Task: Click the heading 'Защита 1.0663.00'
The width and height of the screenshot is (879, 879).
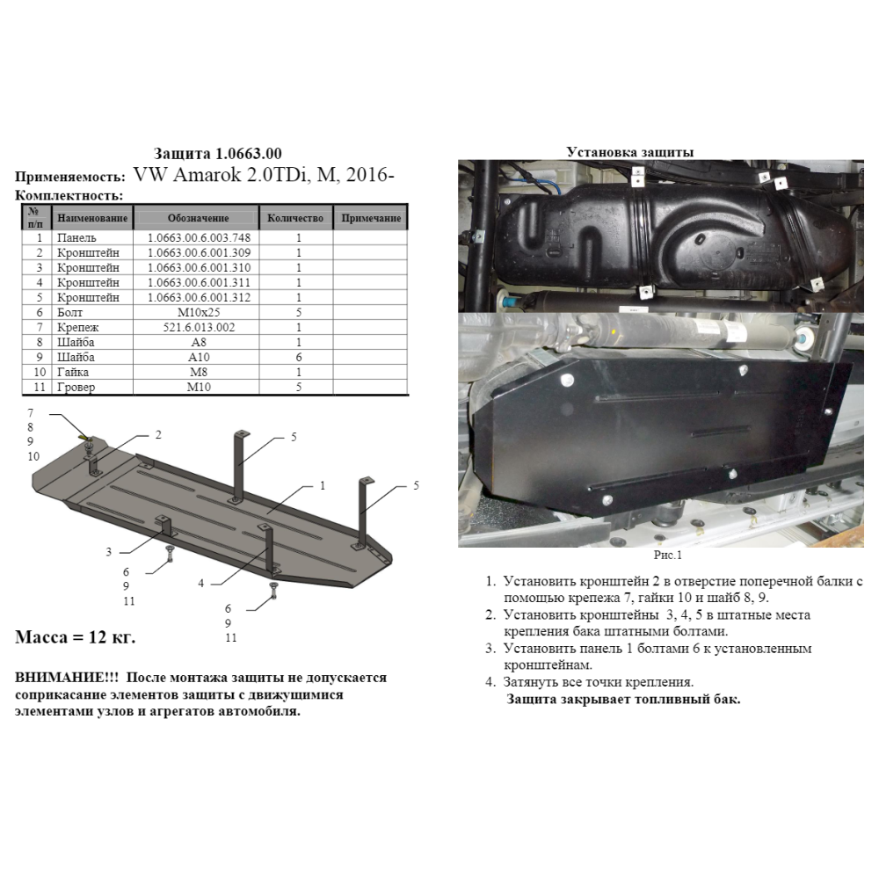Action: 217,154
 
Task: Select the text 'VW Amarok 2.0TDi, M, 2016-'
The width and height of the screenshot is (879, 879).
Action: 264,175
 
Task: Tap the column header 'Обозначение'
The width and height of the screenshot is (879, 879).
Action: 198,218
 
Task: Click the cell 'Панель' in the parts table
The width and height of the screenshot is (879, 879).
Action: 76,237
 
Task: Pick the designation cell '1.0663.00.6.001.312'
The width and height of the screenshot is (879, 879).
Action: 199,297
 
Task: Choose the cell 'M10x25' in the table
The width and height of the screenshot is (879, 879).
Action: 199,312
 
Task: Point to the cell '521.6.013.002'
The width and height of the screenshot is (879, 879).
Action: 199,327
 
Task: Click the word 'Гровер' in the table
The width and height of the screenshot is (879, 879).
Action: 76,387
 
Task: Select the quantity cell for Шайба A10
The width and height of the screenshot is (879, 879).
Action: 299,357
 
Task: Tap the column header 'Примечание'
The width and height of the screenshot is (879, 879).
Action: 371,218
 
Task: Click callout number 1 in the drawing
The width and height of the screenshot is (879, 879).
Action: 323,485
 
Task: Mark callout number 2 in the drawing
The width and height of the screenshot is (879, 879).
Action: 158,435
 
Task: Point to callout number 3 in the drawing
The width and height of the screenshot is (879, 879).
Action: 109,552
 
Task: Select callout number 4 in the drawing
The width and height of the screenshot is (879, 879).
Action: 200,584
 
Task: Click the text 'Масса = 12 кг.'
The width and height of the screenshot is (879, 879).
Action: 75,637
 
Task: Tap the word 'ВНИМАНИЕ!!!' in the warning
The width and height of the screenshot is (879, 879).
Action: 67,677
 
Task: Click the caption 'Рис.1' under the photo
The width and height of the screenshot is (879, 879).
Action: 668,555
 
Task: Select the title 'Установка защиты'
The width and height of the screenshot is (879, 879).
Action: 629,152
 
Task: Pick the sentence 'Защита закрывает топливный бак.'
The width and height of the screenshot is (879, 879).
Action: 623,699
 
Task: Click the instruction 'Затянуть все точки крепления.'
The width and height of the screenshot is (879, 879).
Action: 598,682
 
